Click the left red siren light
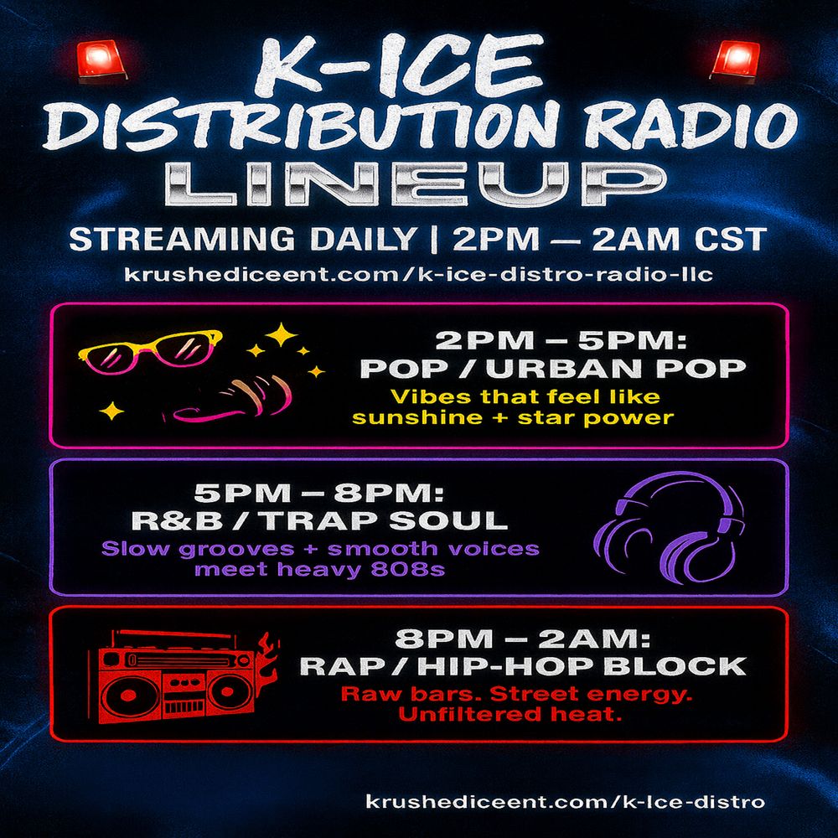[x=102, y=61]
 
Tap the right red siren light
[x=736, y=60]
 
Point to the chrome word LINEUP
[x=416, y=184]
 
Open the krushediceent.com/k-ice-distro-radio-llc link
[x=418, y=274]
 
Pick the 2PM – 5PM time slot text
[x=561, y=340]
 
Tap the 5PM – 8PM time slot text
[x=319, y=493]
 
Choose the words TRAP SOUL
[x=385, y=521]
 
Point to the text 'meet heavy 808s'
[x=319, y=569]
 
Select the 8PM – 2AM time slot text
[x=523, y=638]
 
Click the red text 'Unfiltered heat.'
[x=510, y=715]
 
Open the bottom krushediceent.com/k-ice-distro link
[x=566, y=802]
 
